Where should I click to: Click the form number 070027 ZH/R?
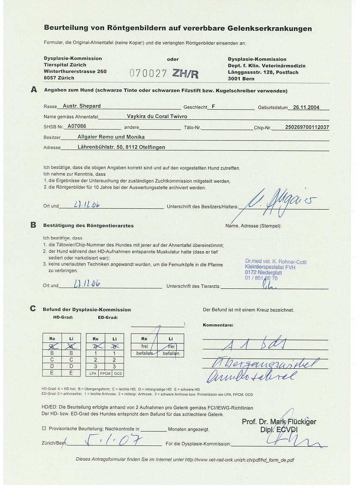point(164,73)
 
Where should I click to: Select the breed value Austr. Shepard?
point(81,106)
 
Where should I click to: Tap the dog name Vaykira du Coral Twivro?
point(157,116)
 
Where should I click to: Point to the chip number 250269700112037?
point(301,127)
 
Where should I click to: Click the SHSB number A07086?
point(77,126)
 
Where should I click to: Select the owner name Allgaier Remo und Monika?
point(111,137)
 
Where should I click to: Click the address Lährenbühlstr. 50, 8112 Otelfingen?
point(122,147)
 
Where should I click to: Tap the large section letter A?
point(34,90)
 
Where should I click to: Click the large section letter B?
point(33,225)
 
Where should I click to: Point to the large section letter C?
point(33,308)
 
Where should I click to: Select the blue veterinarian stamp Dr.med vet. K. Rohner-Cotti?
point(275,270)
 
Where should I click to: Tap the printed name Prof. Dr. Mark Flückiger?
point(279,422)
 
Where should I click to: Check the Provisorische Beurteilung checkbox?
point(44,429)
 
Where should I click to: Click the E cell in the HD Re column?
point(53,373)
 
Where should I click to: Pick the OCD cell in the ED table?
point(118,373)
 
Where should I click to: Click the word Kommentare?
point(218,325)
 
